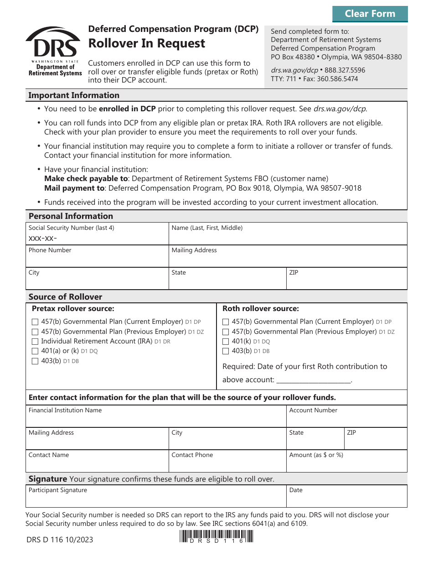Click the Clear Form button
pyautogui.click(x=370, y=14)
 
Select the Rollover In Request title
pyautogui.click(x=146, y=43)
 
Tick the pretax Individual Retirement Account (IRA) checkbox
pyautogui.click(x=35, y=342)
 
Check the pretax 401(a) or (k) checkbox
pyautogui.click(x=35, y=351)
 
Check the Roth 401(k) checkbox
pyautogui.click(x=226, y=342)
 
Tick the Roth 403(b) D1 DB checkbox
pyautogui.click(x=226, y=351)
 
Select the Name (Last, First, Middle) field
pyautogui.click(x=288, y=238)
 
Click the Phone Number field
pyautogui.click(x=97, y=260)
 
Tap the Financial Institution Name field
pyautogui.click(x=155, y=420)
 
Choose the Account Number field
pyautogui.click(x=346, y=420)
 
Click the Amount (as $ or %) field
pyautogui.click(x=346, y=465)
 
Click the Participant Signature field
pyautogui.click(x=155, y=499)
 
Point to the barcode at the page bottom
pyautogui.click(x=216, y=536)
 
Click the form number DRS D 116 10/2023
pyautogui.click(x=59, y=540)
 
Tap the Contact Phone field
pyautogui.click(x=227, y=465)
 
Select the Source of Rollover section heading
pyautogui.click(x=65, y=297)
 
